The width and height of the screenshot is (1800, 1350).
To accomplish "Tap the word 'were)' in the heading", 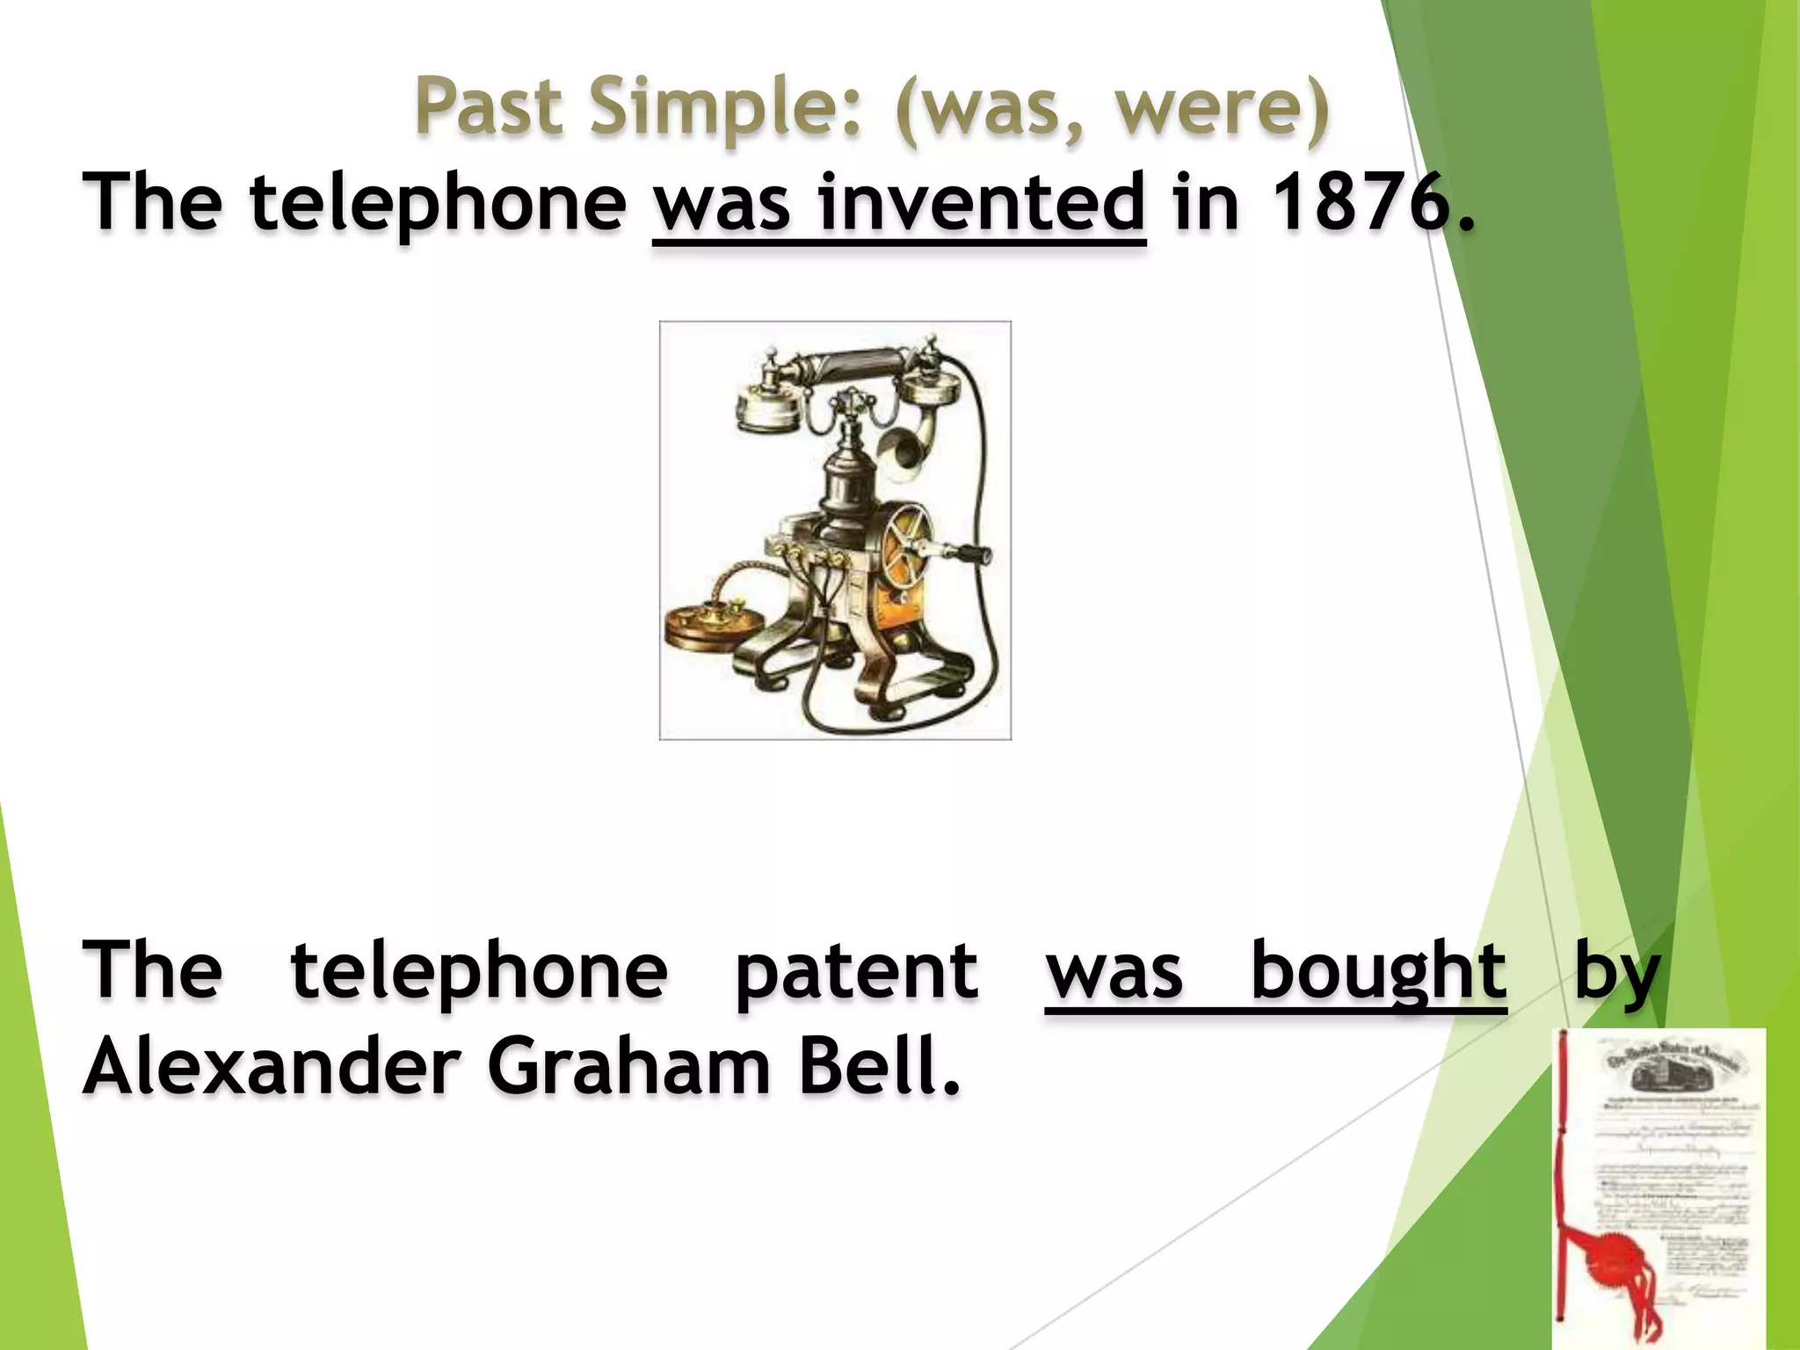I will (1223, 107).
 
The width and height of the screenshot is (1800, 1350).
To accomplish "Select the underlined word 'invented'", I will (982, 204).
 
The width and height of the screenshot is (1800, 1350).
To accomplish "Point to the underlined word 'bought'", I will (1378, 973).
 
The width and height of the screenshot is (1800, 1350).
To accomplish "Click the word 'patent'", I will (856, 973).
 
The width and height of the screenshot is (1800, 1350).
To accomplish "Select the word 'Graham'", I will (628, 1066).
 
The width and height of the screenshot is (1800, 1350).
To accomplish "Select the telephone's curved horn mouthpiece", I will (905, 448).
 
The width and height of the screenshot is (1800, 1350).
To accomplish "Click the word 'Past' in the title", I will (489, 107).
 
